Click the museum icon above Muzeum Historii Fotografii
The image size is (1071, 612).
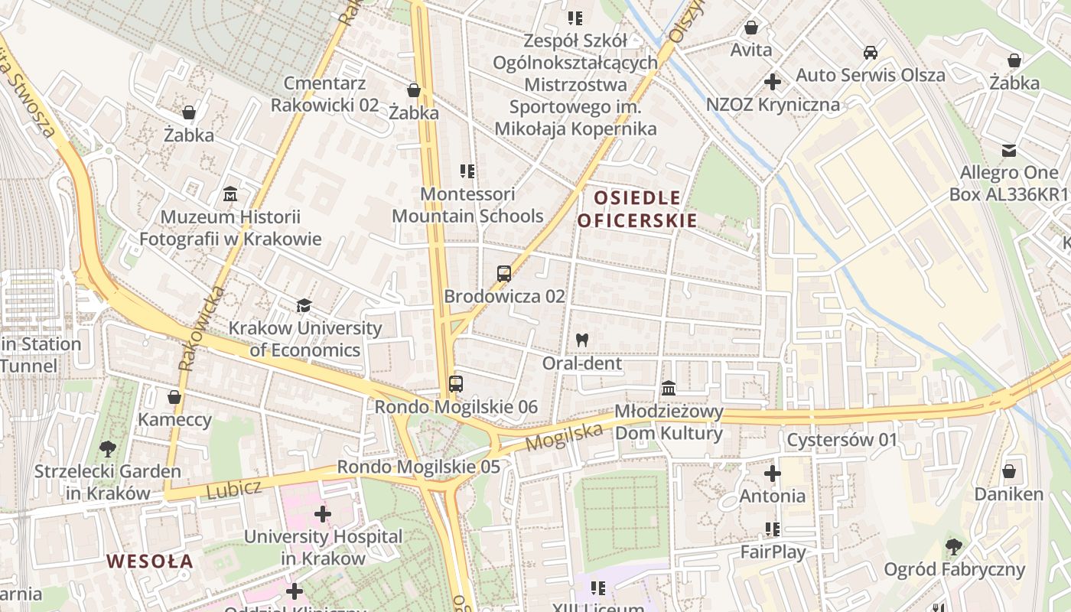[230, 194]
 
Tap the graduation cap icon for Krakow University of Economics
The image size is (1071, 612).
[304, 306]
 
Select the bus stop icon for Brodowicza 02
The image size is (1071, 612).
[504, 274]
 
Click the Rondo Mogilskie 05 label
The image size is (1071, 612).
[418, 467]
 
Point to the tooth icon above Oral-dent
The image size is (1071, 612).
[582, 340]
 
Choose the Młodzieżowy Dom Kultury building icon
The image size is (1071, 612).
[669, 389]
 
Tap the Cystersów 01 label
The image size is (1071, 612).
[841, 441]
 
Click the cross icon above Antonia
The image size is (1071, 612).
[773, 474]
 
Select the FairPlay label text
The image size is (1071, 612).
[773, 552]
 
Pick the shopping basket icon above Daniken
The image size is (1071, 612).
[1009, 471]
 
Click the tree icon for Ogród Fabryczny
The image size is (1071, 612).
[954, 546]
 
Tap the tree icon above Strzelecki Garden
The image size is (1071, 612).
[107, 449]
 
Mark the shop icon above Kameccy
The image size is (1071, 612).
[174, 397]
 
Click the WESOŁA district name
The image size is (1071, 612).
[150, 562]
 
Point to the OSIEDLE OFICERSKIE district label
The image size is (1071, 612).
[637, 210]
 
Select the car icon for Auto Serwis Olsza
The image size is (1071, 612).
[871, 53]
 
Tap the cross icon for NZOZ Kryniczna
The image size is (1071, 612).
[773, 81]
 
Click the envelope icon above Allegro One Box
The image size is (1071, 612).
[1009, 150]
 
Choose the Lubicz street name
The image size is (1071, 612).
[234, 490]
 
